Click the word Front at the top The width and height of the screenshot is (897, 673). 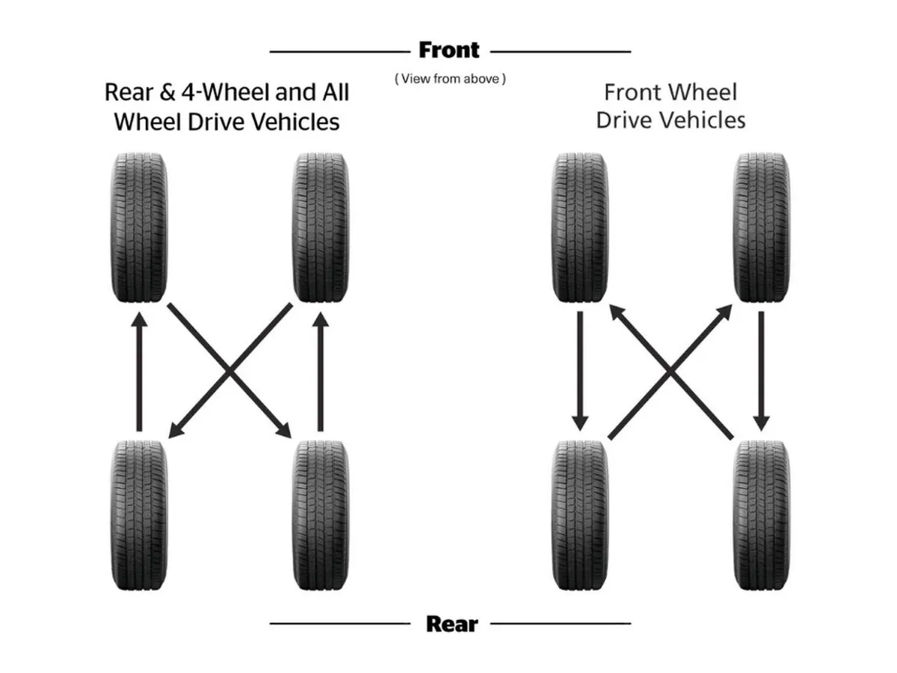[x=449, y=51]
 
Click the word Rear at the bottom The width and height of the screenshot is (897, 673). [x=451, y=623]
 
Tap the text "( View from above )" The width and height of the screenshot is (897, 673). [x=450, y=79]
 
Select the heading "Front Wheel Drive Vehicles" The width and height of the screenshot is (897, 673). [x=671, y=106]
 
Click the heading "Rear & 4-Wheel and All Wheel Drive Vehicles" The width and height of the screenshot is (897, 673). [x=226, y=106]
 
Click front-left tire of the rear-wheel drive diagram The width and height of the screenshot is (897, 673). [x=138, y=227]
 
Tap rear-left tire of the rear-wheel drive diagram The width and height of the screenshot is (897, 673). [x=138, y=515]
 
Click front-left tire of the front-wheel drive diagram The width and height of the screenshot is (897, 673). [x=581, y=227]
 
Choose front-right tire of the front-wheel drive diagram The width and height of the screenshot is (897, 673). [x=762, y=227]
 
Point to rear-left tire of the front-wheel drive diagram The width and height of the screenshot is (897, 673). [x=581, y=515]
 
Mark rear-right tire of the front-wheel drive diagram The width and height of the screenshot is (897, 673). [x=762, y=515]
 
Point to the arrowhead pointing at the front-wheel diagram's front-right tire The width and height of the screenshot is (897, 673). [x=727, y=310]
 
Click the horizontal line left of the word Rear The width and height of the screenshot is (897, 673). [x=340, y=623]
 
